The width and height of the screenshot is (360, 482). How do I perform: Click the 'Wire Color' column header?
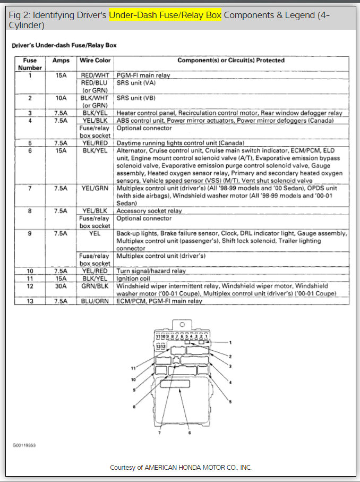(95, 61)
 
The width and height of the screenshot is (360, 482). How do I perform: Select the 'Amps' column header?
(61, 61)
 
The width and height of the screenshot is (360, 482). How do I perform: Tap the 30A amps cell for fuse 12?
(61, 286)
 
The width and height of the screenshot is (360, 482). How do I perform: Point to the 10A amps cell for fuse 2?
(61, 98)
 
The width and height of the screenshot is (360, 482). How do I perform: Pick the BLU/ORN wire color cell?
(95, 301)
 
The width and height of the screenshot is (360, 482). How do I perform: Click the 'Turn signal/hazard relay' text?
(151, 271)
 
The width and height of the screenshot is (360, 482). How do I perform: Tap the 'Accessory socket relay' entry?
(149, 211)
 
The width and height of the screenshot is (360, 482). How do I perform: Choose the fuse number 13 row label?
(30, 301)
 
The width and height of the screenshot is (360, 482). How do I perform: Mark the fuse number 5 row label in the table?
(30, 143)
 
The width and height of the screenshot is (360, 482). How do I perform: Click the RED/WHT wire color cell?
(95, 75)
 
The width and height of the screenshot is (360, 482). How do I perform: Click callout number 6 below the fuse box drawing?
(189, 433)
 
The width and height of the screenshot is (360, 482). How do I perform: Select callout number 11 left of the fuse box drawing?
(134, 368)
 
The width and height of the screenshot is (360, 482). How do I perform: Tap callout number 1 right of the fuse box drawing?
(230, 342)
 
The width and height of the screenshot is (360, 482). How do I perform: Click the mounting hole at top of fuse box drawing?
(182, 324)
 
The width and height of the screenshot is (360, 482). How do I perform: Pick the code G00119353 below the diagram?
(24, 444)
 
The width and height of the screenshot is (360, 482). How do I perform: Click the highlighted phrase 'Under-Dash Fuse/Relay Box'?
(165, 15)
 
